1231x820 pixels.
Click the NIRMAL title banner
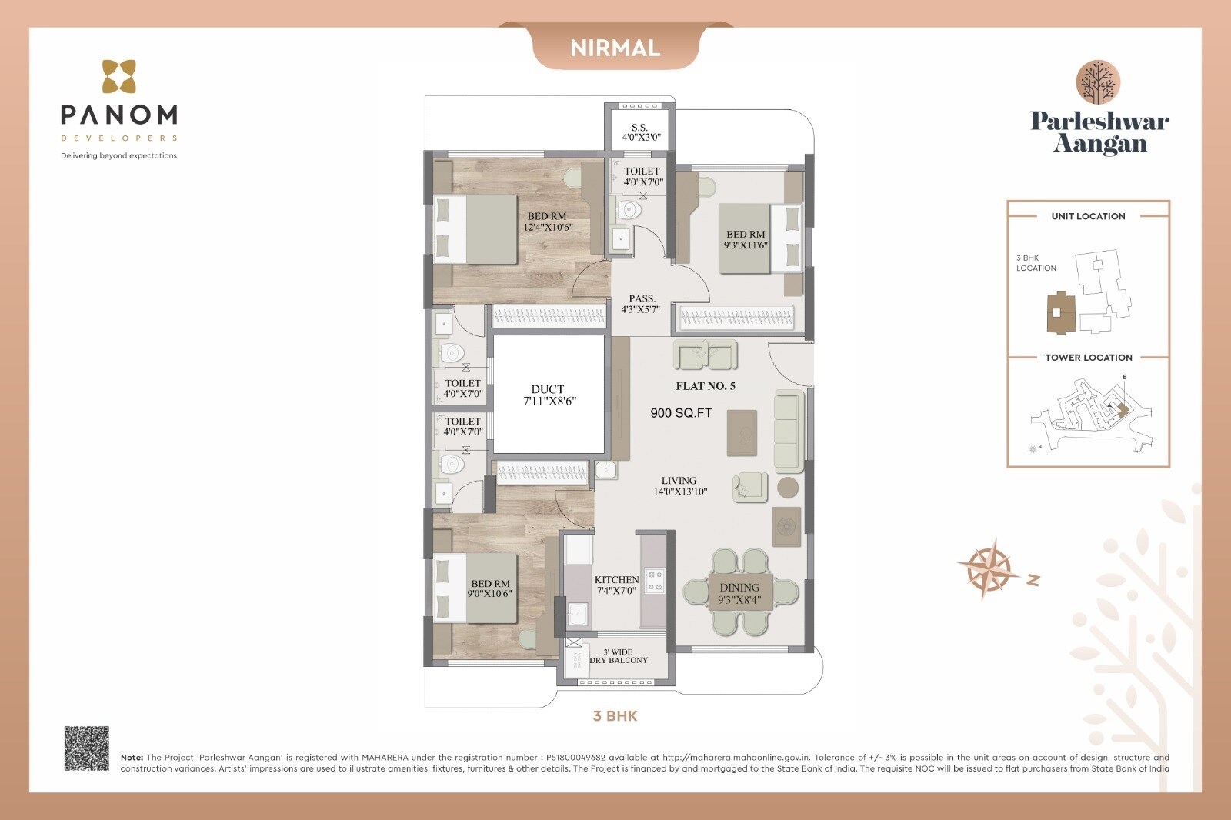point(615,48)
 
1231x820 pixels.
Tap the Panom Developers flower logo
point(119,77)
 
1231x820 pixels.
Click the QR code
point(86,748)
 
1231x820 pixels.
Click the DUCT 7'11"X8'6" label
point(549,395)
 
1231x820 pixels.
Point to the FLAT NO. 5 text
point(706,386)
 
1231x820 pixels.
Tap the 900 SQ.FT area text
point(681,413)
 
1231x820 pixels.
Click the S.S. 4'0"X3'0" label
point(640,132)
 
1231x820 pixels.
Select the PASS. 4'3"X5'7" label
point(641,304)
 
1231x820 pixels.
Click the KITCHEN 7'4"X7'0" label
point(616,585)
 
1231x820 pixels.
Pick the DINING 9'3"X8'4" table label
point(739,593)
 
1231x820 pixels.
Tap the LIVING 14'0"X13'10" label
point(679,485)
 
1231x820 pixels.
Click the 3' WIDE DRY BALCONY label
point(619,655)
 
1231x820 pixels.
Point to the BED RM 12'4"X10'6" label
point(548,222)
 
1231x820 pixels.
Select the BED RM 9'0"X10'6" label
point(490,588)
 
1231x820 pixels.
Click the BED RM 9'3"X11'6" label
point(746,239)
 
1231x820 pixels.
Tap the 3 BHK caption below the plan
point(615,716)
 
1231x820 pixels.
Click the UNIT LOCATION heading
point(1088,216)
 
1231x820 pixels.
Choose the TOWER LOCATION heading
point(1088,358)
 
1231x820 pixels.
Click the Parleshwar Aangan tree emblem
point(1098,82)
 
